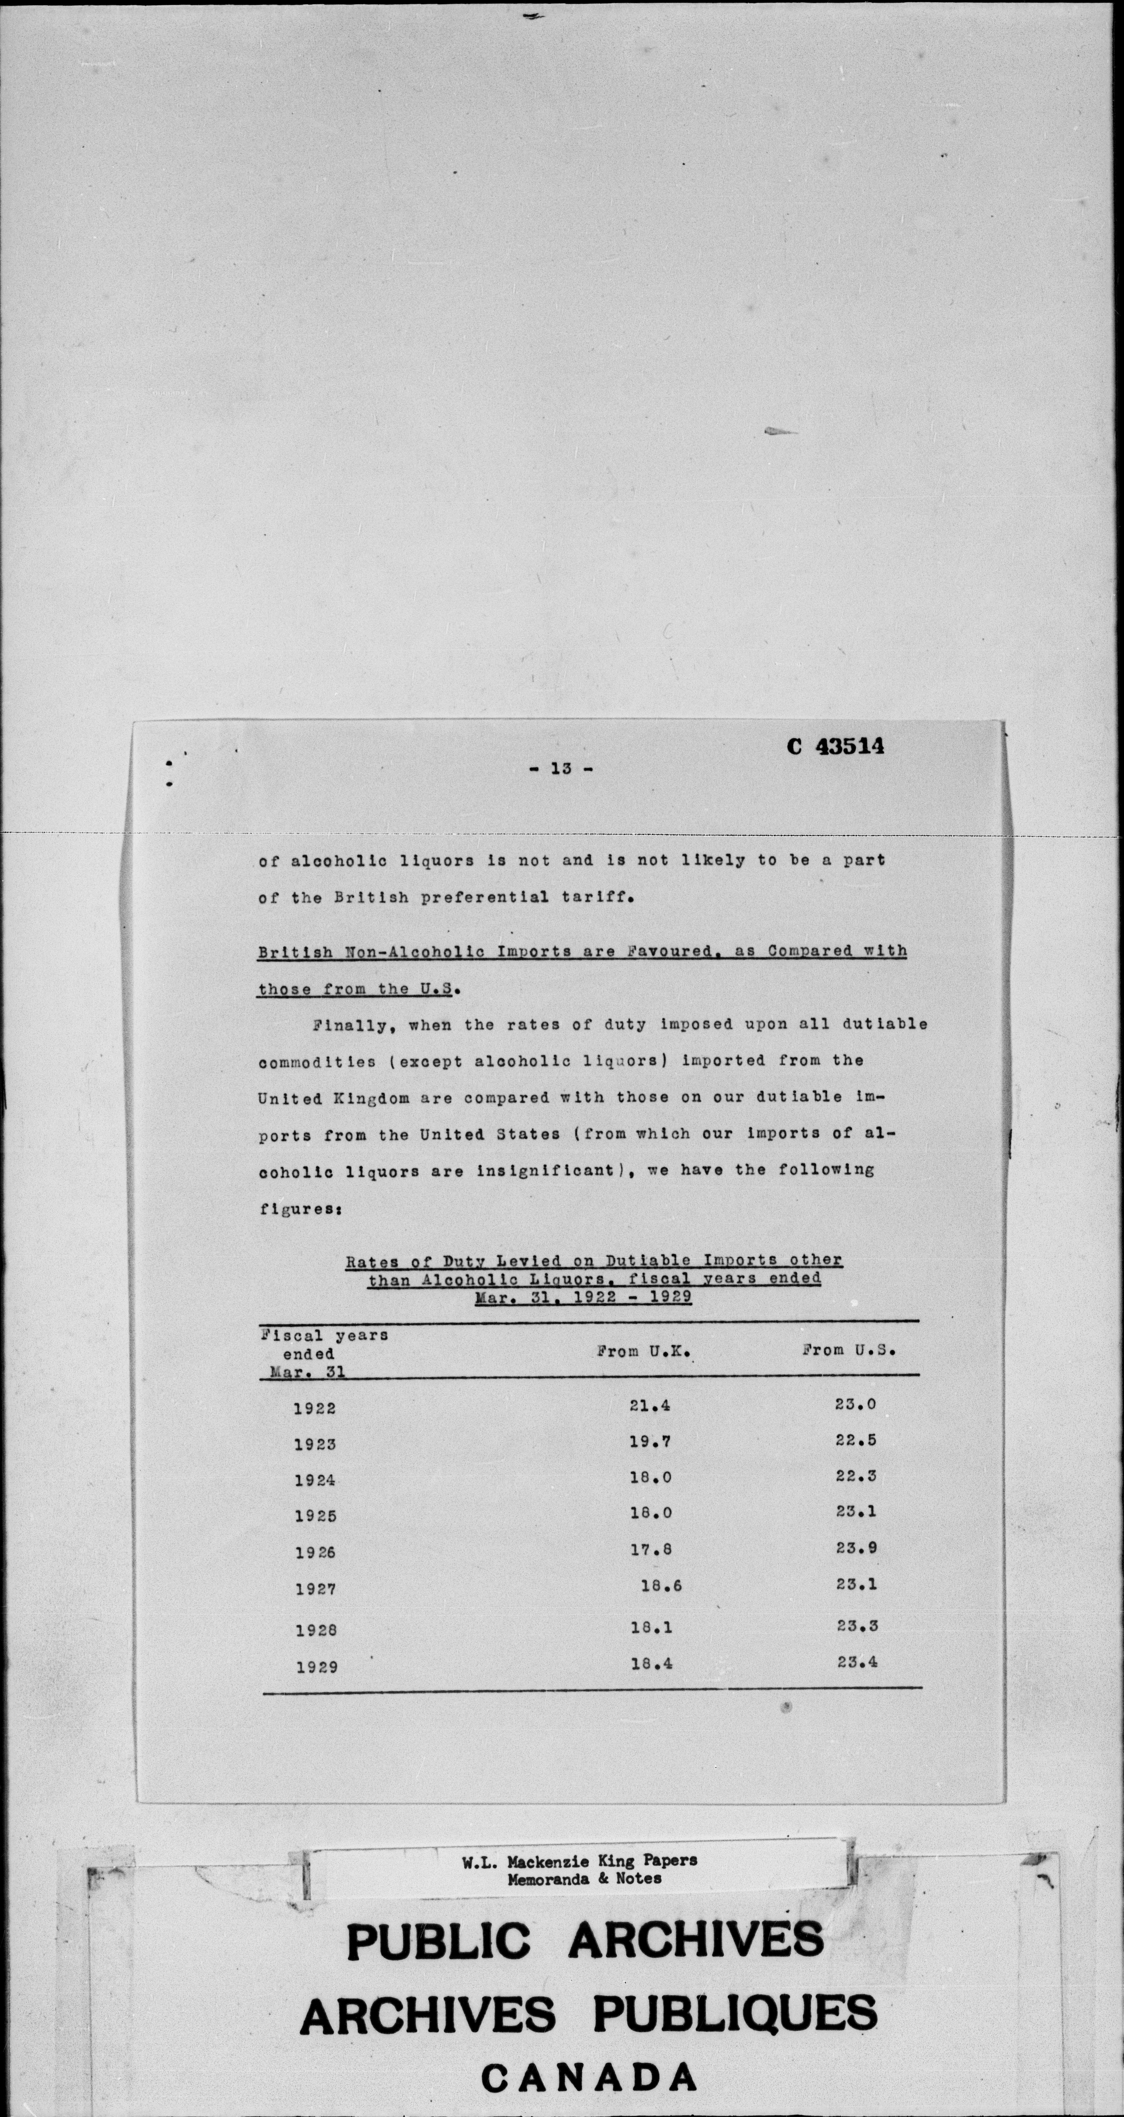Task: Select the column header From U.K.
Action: (642, 1350)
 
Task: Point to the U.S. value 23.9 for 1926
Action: (856, 1548)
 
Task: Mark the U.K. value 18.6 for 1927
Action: (661, 1586)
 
